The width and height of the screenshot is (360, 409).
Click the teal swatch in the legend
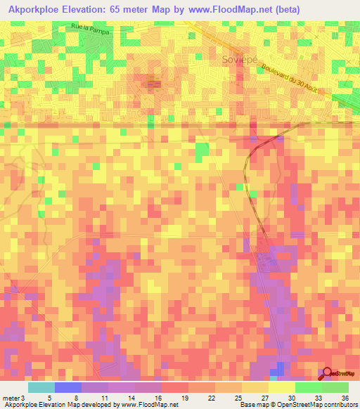[41, 387]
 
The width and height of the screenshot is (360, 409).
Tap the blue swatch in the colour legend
[68, 387]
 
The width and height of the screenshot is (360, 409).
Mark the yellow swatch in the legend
[282, 387]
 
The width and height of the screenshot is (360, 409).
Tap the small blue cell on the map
[281, 369]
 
